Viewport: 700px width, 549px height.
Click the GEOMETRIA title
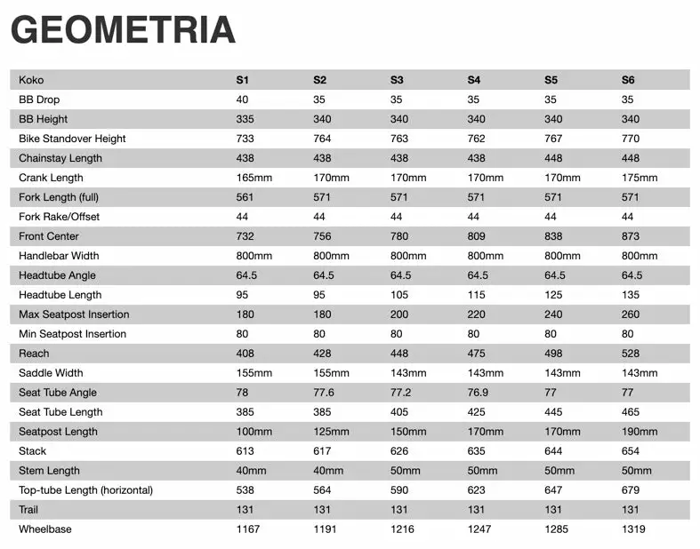point(123,29)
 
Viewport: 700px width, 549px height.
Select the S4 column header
point(474,80)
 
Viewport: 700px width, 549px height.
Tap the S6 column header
point(628,80)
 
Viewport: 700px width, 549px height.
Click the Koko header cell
point(31,80)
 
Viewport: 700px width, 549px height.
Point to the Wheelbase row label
point(45,529)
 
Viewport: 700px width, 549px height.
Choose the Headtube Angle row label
point(57,275)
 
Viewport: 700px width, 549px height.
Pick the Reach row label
point(34,354)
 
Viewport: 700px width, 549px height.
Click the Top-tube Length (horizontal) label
point(86,490)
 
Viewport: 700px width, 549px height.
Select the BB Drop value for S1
point(242,99)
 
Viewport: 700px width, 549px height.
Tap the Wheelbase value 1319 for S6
point(633,529)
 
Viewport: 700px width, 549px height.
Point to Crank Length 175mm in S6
point(640,178)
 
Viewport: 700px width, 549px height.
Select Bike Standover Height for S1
point(245,139)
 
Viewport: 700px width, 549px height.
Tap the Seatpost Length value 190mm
point(640,432)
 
